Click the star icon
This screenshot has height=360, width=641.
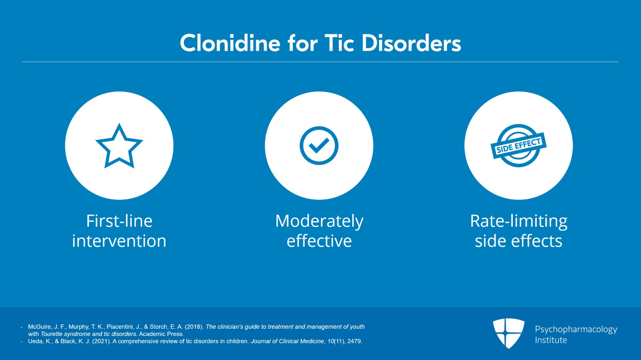point(119,146)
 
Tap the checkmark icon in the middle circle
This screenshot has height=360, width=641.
point(319,145)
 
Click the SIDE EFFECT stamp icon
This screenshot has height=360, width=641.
point(518,145)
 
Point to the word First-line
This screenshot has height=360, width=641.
point(119,221)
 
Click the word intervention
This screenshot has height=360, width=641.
point(119,241)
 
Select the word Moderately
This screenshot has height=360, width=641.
point(319,221)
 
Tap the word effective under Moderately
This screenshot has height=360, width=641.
point(319,241)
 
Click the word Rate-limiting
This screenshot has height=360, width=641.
point(518,221)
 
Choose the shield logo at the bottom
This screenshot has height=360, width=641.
point(508,333)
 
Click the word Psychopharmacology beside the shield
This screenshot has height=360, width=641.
point(576,330)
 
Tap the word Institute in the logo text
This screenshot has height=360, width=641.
point(551,340)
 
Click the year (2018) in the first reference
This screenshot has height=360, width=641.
point(194,327)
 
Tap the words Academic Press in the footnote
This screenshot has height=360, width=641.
point(161,334)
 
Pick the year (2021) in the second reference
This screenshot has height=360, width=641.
point(101,342)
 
